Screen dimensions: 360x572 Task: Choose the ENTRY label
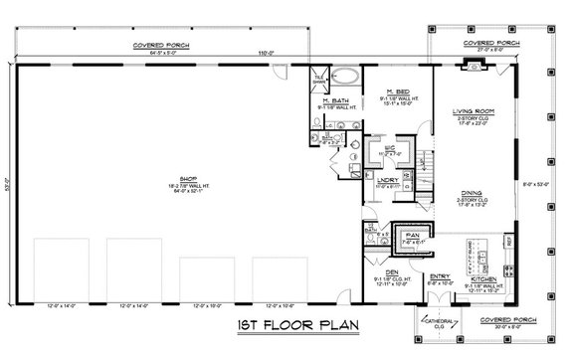(438, 275)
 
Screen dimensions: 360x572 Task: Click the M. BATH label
(334, 101)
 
